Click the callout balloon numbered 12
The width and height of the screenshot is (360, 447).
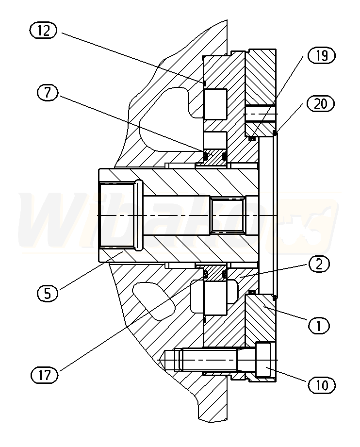[43, 31]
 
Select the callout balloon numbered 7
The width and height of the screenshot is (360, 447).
[48, 93]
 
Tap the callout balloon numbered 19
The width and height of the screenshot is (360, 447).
[322, 55]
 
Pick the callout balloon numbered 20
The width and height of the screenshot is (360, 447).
[321, 103]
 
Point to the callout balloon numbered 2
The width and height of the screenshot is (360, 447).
[319, 264]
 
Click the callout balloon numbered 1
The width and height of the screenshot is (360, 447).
[319, 325]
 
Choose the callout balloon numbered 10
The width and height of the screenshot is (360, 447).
[322, 385]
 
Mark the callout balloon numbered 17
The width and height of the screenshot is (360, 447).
[45, 375]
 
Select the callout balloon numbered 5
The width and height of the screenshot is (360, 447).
[48, 293]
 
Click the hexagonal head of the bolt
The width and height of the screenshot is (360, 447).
[263, 360]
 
